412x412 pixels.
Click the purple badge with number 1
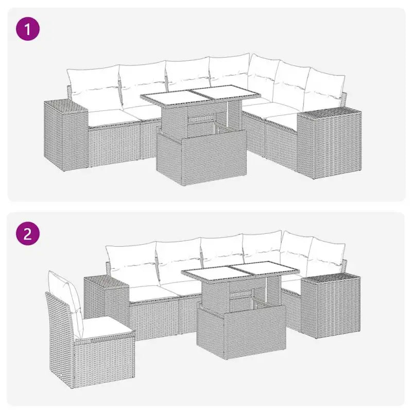(x=28, y=29)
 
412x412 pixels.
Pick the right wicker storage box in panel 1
(x=330, y=144)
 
